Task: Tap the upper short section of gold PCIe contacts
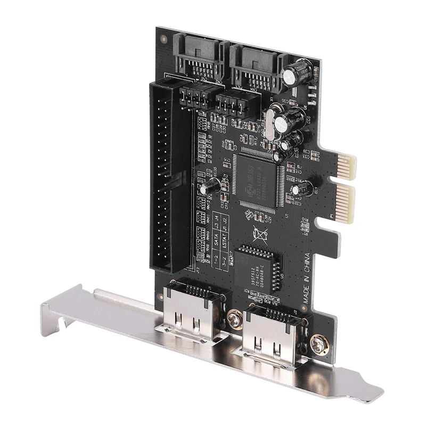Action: point(346,165)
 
